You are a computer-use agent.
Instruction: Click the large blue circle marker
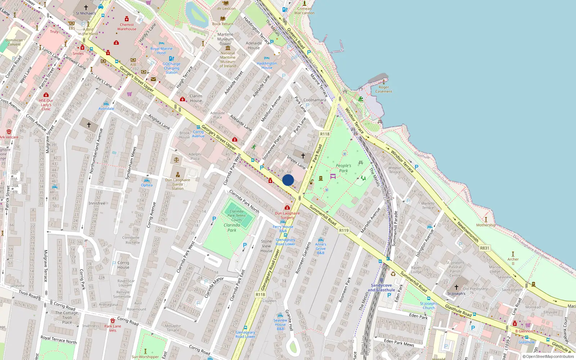click(x=288, y=180)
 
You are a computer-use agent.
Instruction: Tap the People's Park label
click(x=343, y=168)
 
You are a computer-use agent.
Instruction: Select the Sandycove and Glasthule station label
click(x=381, y=288)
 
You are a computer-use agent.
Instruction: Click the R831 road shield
click(x=485, y=248)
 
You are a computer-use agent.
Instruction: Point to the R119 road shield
click(x=344, y=230)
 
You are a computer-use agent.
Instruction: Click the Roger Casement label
click(x=384, y=89)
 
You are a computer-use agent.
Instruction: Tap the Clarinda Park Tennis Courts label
click(x=237, y=216)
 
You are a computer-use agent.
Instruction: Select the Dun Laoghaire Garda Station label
click(x=177, y=184)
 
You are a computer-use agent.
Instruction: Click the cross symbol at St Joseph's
click(x=456, y=287)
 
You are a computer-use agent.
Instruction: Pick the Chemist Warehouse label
click(x=127, y=27)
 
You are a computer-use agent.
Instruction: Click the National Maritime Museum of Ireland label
click(x=228, y=59)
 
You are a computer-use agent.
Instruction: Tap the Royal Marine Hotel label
click(x=161, y=51)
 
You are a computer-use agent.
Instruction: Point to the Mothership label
click(x=486, y=225)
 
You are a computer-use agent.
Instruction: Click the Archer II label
click(x=513, y=261)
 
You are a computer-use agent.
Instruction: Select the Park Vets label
click(x=113, y=328)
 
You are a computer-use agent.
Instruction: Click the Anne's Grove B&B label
click(x=320, y=248)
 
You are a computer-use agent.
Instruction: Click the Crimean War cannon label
click(x=304, y=11)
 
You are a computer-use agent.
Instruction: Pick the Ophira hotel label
click(x=147, y=185)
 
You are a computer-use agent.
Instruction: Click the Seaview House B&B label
click(x=280, y=324)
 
